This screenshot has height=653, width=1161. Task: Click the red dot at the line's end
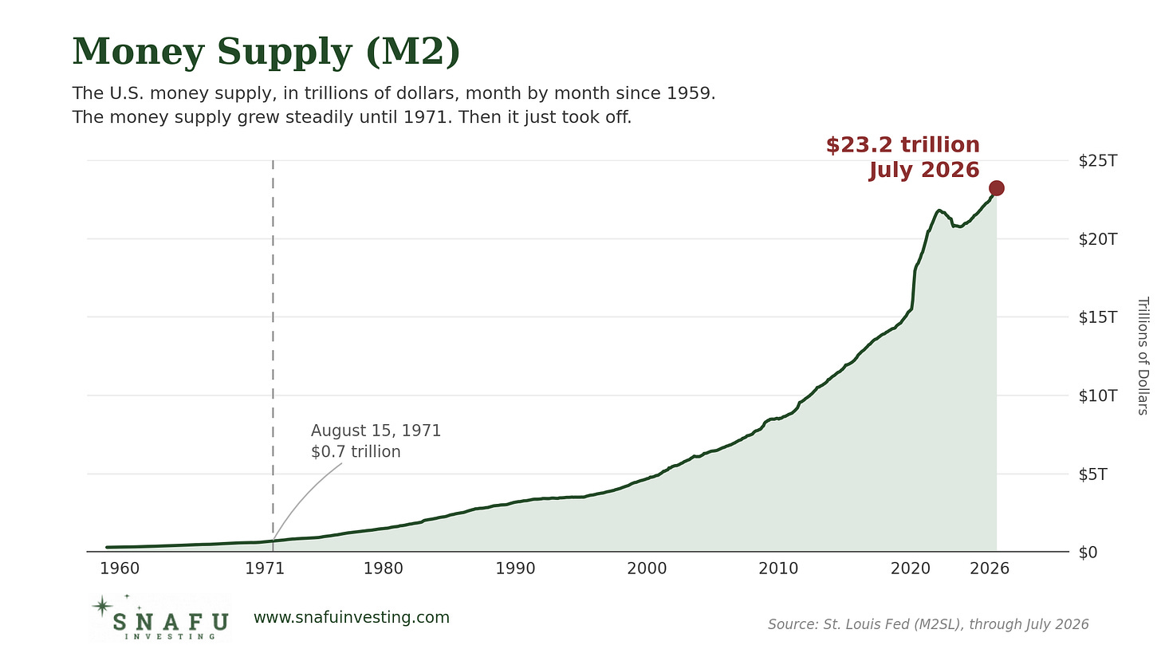click(996, 188)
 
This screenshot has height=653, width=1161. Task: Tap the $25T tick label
click(1098, 161)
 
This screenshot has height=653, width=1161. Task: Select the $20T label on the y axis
click(1098, 239)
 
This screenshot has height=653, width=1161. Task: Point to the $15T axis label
click(1098, 317)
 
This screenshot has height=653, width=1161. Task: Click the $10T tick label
click(1098, 396)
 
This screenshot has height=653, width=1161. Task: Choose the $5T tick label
click(1092, 474)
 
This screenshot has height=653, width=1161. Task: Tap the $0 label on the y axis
click(1088, 553)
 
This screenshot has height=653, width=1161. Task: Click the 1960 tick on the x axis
click(120, 568)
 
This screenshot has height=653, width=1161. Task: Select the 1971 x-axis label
click(265, 568)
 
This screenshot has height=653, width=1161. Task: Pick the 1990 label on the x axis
click(515, 568)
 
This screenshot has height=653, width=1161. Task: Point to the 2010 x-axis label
click(778, 568)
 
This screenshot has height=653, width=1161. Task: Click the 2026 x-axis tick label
click(990, 568)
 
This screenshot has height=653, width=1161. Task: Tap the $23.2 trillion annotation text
click(903, 144)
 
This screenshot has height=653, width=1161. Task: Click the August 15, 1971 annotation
click(376, 431)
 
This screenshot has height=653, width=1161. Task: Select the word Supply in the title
click(285, 53)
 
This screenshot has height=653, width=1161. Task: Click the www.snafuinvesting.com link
click(352, 617)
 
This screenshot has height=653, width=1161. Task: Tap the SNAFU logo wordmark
click(171, 621)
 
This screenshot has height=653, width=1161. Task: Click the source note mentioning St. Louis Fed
click(928, 624)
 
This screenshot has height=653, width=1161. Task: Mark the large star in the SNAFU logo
click(102, 606)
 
